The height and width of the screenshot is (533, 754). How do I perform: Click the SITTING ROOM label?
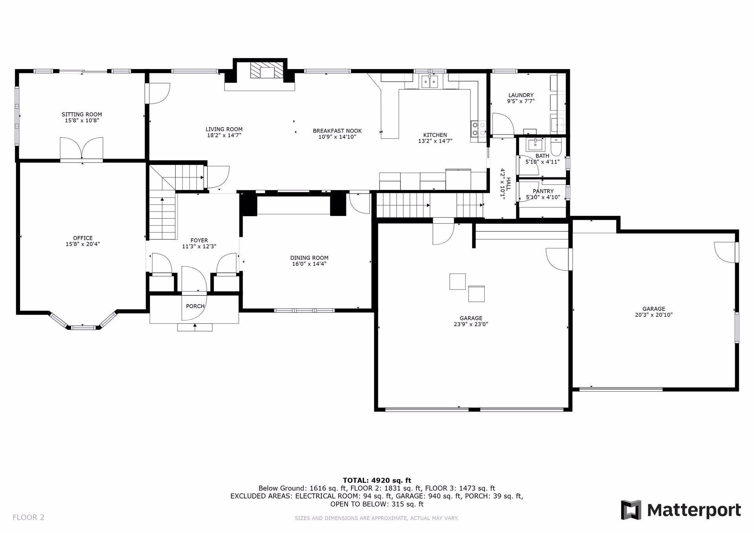pos(82,115)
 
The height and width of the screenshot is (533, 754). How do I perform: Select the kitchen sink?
pos(430,82)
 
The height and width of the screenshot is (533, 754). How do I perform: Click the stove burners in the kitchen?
pos(478,129)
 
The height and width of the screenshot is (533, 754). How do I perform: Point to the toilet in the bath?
pos(556,147)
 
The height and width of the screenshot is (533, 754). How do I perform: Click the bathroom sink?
pos(534,144)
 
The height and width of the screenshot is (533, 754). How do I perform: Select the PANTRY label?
pos(543,191)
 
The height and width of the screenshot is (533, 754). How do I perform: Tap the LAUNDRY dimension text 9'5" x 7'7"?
pos(521,101)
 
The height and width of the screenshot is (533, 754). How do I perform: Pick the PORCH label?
pos(195,306)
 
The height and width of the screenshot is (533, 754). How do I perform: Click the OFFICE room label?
pos(83,238)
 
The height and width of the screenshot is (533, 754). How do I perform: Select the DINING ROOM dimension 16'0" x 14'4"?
pos(309,264)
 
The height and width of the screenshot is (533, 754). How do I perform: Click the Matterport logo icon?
pos(631,510)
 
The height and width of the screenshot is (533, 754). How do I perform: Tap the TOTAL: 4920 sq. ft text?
pos(377,480)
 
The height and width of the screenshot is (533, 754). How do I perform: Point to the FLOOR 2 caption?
pos(28,517)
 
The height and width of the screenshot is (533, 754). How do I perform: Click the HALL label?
pos(509,184)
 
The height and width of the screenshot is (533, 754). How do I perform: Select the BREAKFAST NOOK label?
pos(337,131)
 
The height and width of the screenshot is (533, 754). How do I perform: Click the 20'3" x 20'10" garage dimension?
pos(653,315)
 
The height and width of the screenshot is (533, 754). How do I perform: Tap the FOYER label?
pos(199,240)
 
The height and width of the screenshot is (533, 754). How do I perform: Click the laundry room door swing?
pos(503,124)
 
